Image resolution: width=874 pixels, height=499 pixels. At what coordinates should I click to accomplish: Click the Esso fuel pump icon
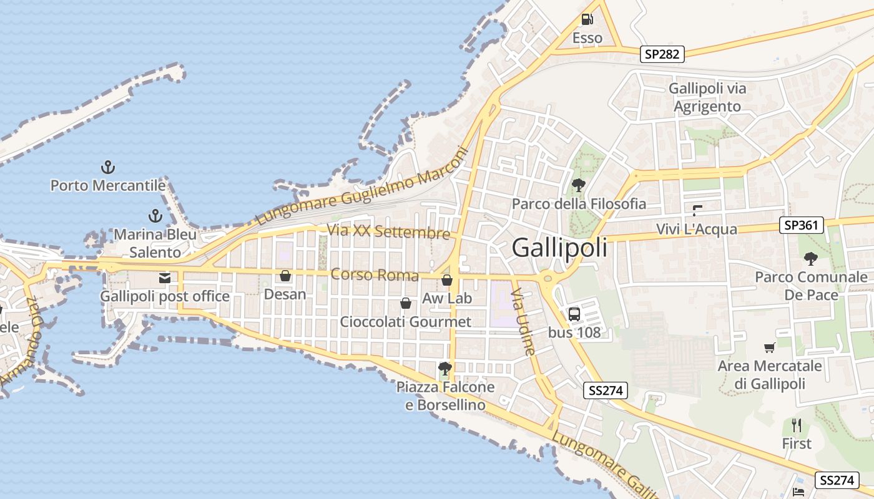point(587,19)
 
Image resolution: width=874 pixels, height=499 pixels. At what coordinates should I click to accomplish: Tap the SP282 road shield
point(662,54)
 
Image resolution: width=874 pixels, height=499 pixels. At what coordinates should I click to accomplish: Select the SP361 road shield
point(802,225)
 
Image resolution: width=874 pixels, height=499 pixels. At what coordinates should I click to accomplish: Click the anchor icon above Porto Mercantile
point(108,167)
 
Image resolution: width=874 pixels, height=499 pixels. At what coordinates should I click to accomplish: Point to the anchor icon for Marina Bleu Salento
point(155,216)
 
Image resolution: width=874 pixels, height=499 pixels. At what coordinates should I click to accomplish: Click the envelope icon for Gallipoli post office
point(165,278)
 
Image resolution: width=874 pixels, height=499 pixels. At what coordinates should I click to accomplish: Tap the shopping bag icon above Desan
point(285,275)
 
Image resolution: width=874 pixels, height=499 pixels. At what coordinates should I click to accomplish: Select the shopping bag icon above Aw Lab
point(447,280)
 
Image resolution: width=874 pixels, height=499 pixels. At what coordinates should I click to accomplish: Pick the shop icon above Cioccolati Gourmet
point(406,303)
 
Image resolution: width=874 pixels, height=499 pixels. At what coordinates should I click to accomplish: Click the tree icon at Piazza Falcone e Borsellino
point(444,368)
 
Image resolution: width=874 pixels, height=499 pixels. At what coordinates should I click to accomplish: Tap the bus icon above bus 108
point(574,314)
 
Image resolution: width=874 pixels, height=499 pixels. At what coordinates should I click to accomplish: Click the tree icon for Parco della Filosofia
point(579,185)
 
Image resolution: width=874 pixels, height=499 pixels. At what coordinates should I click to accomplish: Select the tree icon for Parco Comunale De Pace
point(811,258)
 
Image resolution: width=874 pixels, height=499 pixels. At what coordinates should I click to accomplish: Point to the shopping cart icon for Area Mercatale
point(770,347)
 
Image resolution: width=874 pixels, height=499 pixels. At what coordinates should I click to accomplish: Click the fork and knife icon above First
point(797,425)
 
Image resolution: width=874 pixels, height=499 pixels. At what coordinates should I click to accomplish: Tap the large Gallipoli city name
point(559,248)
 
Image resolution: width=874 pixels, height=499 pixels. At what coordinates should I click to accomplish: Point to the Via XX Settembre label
point(388,231)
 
